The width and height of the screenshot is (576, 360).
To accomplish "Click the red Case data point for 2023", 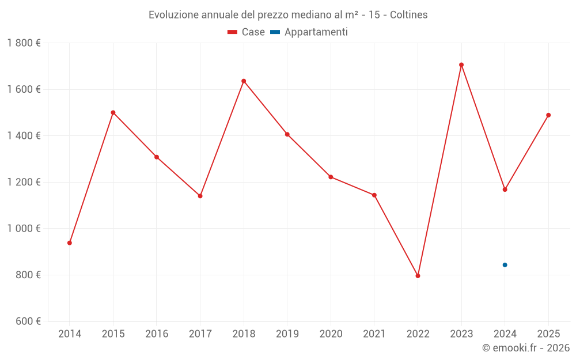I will pyautogui.click(x=461, y=65).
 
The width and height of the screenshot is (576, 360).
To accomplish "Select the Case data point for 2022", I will pyautogui.click(x=418, y=276).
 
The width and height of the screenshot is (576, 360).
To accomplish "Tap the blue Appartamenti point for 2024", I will pyautogui.click(x=505, y=265).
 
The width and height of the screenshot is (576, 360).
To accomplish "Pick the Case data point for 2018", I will pyautogui.click(x=244, y=81).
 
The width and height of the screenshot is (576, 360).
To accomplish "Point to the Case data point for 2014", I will pyautogui.click(x=70, y=243).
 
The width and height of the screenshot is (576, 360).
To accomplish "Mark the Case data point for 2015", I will pyautogui.click(x=113, y=112).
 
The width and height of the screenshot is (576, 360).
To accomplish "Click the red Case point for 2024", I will pyautogui.click(x=505, y=190).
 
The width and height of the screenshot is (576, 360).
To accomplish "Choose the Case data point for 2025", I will pyautogui.click(x=548, y=115).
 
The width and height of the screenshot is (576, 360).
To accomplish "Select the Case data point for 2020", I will pyautogui.click(x=331, y=177).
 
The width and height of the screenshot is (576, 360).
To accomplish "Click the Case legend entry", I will pyautogui.click(x=247, y=32).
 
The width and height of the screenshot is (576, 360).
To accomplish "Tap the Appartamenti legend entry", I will pyautogui.click(x=309, y=32).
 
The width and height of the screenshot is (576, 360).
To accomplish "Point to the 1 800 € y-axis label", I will pyautogui.click(x=24, y=43).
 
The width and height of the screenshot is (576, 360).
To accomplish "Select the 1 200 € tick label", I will pyautogui.click(x=24, y=182).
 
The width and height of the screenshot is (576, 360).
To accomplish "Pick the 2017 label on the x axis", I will pyautogui.click(x=200, y=334).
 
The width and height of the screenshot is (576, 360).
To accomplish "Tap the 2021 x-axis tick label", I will pyautogui.click(x=374, y=334).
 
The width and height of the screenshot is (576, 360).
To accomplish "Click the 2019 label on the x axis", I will pyautogui.click(x=287, y=334).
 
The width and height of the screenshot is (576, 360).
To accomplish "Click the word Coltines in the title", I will pyautogui.click(x=408, y=15).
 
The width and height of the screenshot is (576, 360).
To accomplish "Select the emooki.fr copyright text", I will pyautogui.click(x=526, y=348).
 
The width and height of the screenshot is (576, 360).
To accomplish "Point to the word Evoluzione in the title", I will pyautogui.click(x=173, y=15).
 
